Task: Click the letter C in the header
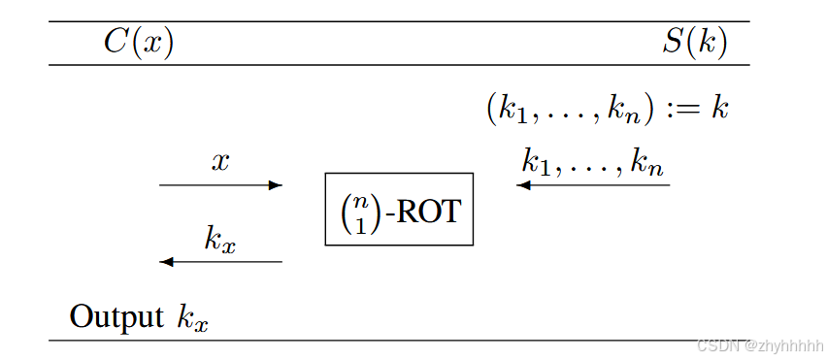(x=116, y=44)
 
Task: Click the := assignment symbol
(x=683, y=109)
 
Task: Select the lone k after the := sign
(x=719, y=107)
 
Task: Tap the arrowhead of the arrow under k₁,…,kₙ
(x=522, y=184)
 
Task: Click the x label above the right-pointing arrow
(x=220, y=162)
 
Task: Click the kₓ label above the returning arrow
(x=219, y=240)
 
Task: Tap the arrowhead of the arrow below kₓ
(x=166, y=262)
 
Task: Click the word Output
(x=116, y=317)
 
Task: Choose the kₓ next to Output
(x=192, y=318)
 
